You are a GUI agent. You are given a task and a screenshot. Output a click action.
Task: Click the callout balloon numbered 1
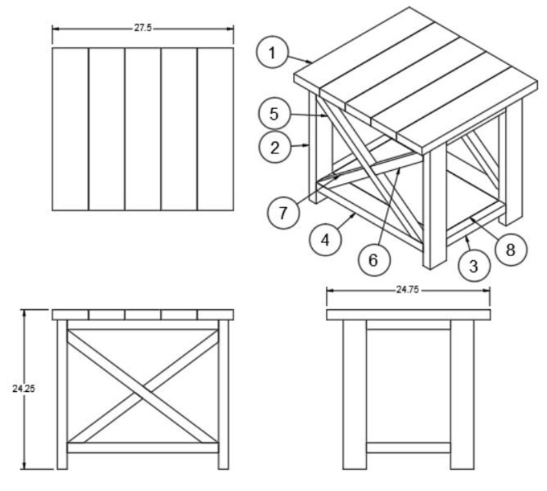coord(273,53)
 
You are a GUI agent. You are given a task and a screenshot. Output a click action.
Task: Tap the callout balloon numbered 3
coord(473,265)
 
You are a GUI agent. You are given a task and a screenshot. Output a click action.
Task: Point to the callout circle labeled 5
coord(274,114)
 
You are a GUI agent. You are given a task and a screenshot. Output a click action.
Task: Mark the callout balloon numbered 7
coord(283,211)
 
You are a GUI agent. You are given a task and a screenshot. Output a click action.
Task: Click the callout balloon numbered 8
coord(510,249)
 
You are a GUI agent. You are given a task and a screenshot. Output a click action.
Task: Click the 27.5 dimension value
coord(143,28)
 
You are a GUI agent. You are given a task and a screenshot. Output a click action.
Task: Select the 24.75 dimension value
coord(407,290)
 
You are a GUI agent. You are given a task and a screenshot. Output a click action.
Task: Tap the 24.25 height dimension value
coord(23,388)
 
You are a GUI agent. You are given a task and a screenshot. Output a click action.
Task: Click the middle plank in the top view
coord(143,129)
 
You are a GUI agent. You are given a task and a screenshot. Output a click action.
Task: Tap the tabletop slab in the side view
coord(408,315)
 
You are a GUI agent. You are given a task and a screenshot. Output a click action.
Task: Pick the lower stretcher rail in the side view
coord(408,448)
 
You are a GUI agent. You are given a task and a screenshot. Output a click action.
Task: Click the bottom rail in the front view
coord(143,448)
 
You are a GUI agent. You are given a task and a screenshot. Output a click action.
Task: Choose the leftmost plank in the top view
coord(70,129)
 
